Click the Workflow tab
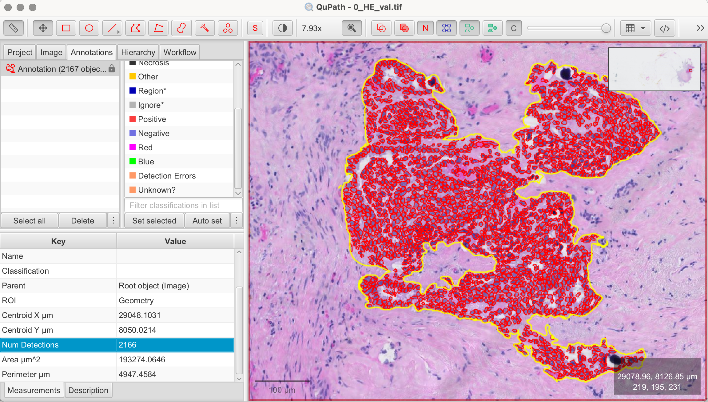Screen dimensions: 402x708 click(180, 52)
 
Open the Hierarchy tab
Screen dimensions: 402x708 click(138, 52)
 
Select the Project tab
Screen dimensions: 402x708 click(20, 52)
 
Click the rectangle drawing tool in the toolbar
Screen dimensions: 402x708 click(66, 28)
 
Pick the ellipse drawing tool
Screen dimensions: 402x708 click(89, 28)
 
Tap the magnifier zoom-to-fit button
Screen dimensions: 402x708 click(352, 28)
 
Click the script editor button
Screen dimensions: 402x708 click(664, 28)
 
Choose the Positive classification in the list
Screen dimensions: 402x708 click(152, 119)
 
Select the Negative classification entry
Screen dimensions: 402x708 click(153, 133)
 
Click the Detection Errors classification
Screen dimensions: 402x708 click(167, 176)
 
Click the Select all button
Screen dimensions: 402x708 click(30, 221)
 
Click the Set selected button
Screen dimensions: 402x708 click(154, 221)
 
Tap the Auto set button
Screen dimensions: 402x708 click(207, 221)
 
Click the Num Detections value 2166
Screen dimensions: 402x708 click(127, 345)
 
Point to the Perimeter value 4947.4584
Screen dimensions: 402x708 click(137, 374)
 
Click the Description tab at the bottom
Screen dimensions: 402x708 click(88, 390)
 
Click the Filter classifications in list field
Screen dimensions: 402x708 click(183, 205)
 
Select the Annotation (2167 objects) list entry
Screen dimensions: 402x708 click(62, 69)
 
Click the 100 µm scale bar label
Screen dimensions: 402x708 click(282, 390)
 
